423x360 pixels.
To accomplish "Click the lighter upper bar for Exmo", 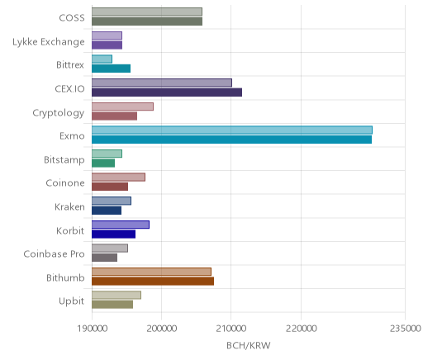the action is [232, 130].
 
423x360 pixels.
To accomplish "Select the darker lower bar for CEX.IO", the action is [167, 92].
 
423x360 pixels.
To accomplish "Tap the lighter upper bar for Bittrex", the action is [102, 59].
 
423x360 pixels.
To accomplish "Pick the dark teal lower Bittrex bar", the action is [112, 69].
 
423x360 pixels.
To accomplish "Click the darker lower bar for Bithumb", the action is [153, 282].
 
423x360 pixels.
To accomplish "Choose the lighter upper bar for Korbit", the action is [121, 225].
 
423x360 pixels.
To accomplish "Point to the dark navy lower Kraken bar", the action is [107, 211].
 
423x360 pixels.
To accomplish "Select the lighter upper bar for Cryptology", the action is [123, 107].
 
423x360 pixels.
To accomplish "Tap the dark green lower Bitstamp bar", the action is [103, 163].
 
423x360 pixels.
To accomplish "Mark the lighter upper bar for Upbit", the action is [116, 295].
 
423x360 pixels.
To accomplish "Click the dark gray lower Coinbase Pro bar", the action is [105, 258].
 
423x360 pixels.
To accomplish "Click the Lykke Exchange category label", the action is [49, 42].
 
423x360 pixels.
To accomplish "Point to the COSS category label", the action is [72, 18].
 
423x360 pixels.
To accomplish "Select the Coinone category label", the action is [65, 183].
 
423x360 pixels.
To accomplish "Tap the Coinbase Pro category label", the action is [54, 253].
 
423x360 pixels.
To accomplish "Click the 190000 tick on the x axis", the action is [92, 329].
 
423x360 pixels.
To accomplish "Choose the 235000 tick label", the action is [405, 329].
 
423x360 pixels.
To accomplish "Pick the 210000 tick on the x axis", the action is [231, 329].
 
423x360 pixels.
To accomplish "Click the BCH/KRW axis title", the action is [249, 345].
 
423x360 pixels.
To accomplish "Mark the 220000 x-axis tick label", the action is [301, 329].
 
